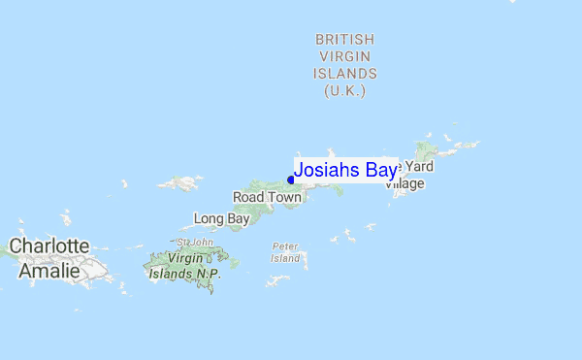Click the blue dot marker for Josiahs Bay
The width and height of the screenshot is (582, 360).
point(291,180)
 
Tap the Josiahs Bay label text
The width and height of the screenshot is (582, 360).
point(345,171)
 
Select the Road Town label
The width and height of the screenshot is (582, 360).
point(267,197)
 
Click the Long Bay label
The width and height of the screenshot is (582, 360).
point(221,219)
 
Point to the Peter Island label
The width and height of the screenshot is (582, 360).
point(285,252)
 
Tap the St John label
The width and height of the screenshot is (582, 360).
point(195,242)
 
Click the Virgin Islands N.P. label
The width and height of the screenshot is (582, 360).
point(185,267)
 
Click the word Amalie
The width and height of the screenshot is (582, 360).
point(49,270)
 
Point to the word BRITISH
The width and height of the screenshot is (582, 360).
point(344,39)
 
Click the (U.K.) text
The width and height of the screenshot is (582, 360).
point(344,90)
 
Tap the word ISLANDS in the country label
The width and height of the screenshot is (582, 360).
point(344,74)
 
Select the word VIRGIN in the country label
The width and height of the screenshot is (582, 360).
point(344,56)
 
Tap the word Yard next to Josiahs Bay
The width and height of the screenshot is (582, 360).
point(417,167)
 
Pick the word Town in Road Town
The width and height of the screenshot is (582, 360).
point(284,197)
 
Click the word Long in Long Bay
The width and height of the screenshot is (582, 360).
point(210,219)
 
